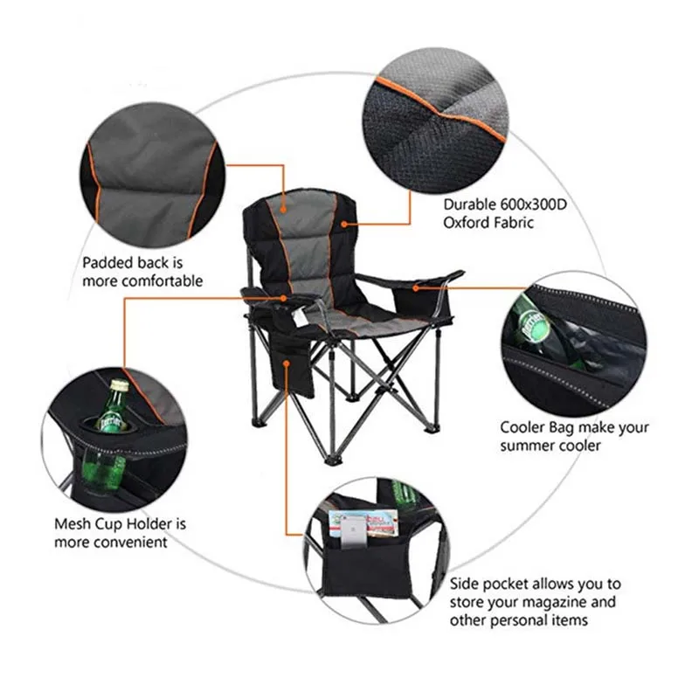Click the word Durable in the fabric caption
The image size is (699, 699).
(469, 204)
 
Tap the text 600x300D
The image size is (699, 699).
(534, 204)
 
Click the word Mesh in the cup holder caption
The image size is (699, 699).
(72, 523)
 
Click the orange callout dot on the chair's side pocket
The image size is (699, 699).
(287, 363)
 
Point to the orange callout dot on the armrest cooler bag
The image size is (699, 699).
(416, 288)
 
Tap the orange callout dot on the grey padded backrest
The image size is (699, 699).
(283, 210)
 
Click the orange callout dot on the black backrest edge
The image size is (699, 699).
(343, 224)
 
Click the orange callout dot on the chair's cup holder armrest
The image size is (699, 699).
(283, 298)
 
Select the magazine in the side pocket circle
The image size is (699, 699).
(363, 523)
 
